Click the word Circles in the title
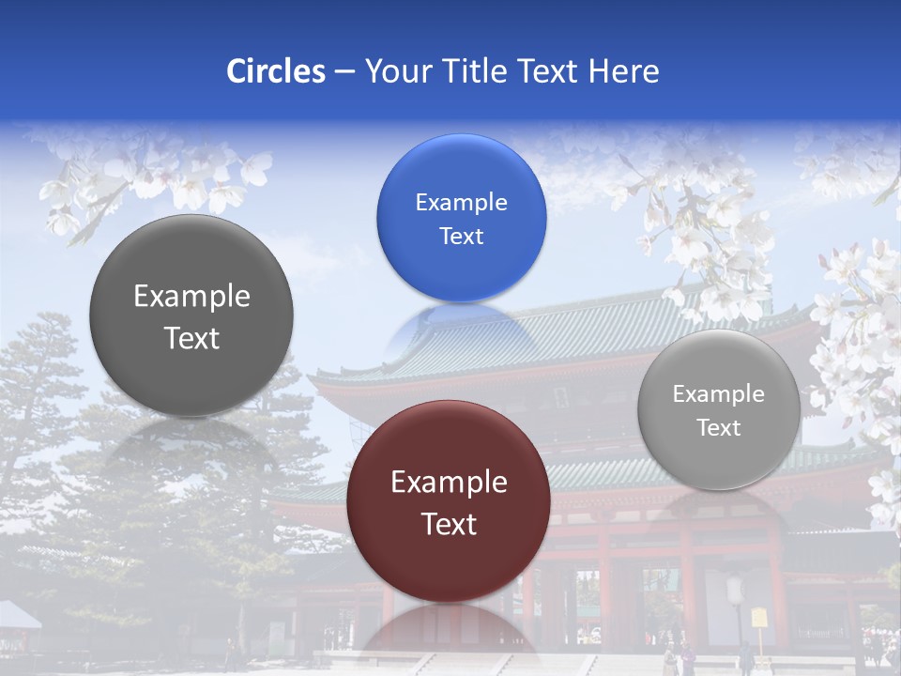tap(275, 71)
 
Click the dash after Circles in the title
tap(344, 72)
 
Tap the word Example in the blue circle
tap(461, 202)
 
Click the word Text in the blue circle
tap(461, 236)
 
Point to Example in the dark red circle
tap(449, 483)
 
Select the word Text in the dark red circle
tap(449, 524)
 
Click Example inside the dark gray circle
tap(191, 297)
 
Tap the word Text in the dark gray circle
tap(191, 338)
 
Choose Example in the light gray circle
tap(718, 394)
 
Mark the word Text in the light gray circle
tap(719, 428)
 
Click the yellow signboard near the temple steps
tap(758, 618)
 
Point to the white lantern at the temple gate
tap(736, 590)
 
